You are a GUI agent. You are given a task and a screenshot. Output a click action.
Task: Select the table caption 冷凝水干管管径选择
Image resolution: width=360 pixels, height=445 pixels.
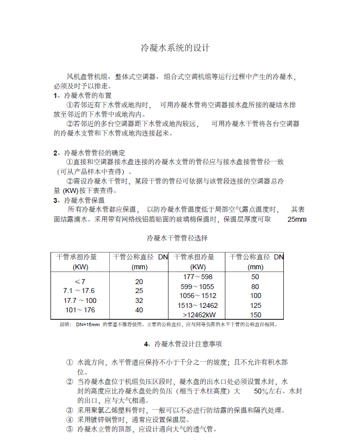(x=177, y=238)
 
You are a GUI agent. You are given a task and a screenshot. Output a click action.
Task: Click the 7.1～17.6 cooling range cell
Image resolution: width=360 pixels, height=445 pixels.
(x=79, y=291)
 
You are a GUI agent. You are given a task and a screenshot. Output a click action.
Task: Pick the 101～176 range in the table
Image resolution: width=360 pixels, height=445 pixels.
(x=80, y=310)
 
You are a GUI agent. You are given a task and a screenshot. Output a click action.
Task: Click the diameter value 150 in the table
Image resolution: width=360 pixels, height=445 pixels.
(x=255, y=315)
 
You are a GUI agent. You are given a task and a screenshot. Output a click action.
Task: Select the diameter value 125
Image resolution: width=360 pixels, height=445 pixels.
(x=255, y=305)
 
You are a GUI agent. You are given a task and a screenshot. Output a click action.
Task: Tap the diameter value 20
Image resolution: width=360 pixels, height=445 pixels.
(x=139, y=282)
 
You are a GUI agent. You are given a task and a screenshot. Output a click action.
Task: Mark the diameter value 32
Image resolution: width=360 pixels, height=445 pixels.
(x=139, y=300)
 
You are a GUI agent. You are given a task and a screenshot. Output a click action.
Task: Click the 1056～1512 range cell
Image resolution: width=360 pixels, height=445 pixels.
(x=198, y=296)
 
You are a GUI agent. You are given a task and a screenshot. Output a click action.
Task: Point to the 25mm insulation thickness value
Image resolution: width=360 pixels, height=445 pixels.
(x=297, y=219)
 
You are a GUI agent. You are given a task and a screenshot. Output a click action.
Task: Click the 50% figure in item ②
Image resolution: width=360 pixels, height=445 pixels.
(x=262, y=391)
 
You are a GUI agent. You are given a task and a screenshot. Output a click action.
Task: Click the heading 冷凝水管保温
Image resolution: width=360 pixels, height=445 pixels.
(x=85, y=200)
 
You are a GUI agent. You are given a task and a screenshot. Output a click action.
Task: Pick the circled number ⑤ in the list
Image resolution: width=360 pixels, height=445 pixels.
(x=70, y=429)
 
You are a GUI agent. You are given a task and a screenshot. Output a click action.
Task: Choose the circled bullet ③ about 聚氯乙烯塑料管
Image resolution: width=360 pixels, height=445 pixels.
(x=70, y=410)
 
